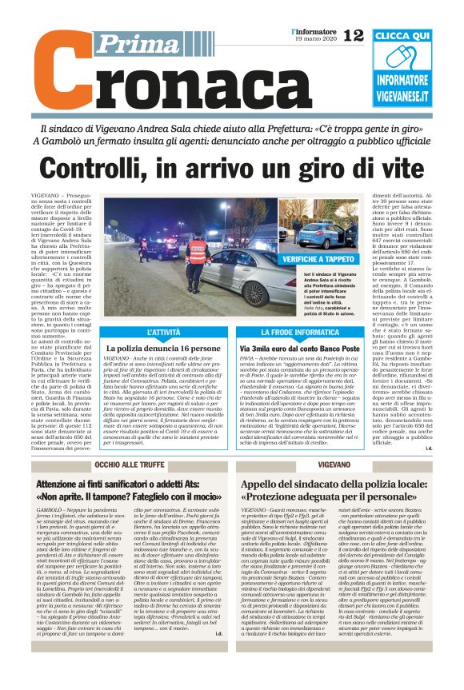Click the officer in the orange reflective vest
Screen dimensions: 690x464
[x=197, y=253]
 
